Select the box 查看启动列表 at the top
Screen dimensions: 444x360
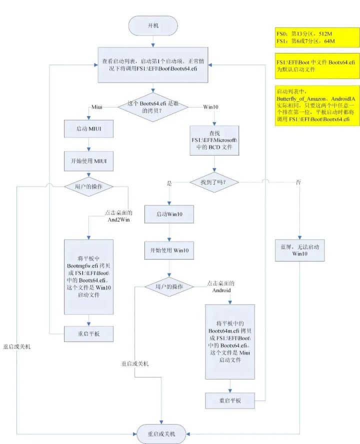153,64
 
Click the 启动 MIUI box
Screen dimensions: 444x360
88,128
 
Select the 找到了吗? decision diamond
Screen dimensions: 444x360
213,183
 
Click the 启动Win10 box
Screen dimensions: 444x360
168,214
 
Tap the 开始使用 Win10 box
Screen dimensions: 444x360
168,249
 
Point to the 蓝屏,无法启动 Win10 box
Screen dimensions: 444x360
299,250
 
